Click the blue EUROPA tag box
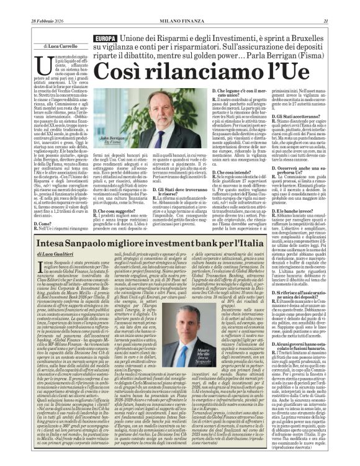coord(104,38)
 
